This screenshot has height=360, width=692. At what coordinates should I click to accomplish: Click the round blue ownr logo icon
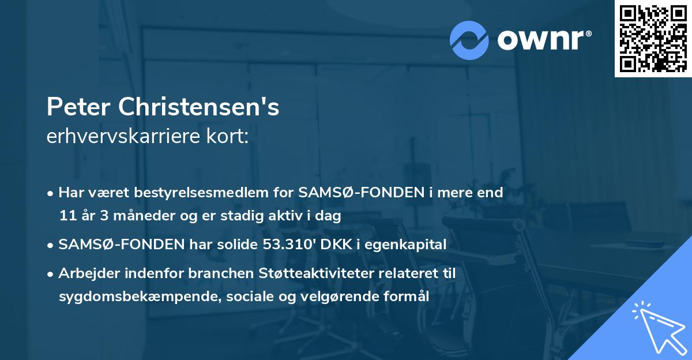[469, 39]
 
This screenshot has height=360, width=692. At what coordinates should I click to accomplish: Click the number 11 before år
[66, 216]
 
